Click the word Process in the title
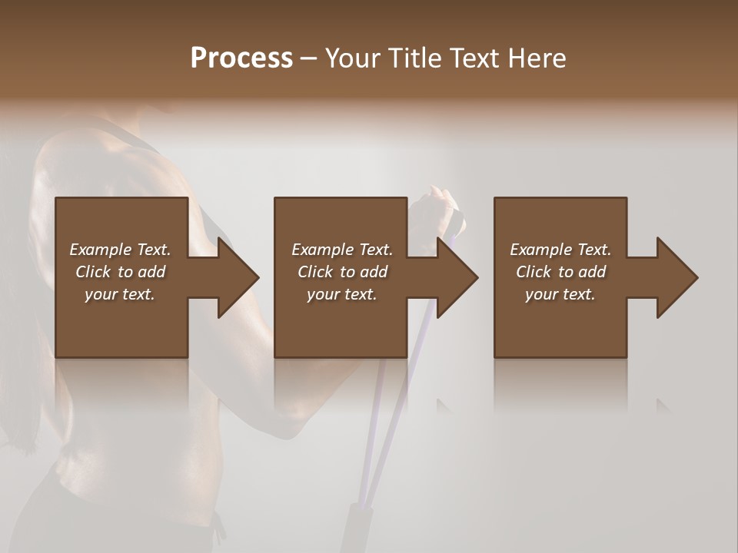(x=241, y=58)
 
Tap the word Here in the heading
(x=537, y=58)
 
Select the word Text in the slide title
(x=474, y=58)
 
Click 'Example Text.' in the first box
(x=120, y=250)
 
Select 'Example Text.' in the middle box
(x=342, y=250)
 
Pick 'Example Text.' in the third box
(x=560, y=250)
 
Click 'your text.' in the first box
(x=120, y=294)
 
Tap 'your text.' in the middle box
(x=342, y=294)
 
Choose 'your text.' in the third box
(x=560, y=294)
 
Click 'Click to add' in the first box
(x=120, y=272)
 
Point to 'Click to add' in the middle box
(x=342, y=272)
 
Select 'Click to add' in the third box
(x=560, y=272)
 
